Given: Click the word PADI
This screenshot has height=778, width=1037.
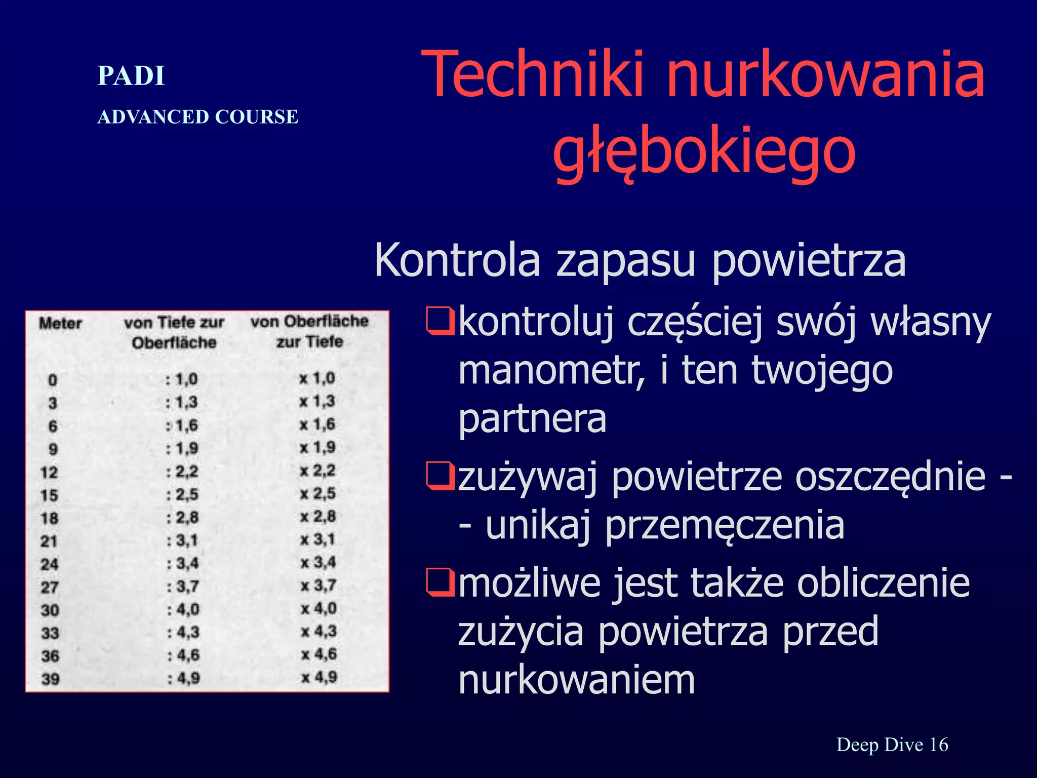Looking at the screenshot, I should (x=131, y=76).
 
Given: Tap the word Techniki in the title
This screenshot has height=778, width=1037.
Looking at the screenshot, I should (x=531, y=74).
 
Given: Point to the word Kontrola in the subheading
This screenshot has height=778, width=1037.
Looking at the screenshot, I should (x=457, y=260).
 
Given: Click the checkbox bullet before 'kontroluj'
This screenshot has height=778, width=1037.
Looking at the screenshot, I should (x=440, y=322).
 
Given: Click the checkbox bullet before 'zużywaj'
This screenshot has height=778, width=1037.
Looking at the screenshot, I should (x=440, y=477).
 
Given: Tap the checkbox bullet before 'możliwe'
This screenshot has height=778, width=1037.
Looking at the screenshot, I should (x=440, y=582).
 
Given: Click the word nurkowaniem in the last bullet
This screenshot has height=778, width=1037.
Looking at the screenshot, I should (x=576, y=680).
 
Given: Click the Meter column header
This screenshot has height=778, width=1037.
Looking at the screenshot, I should (x=60, y=324).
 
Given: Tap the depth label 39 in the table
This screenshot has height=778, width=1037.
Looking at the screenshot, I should (x=50, y=679).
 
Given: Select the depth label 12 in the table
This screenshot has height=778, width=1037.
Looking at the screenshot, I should (x=49, y=473).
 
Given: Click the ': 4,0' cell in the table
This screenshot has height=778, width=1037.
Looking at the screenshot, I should (x=183, y=609).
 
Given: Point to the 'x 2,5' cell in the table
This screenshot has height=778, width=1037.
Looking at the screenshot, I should (x=317, y=493).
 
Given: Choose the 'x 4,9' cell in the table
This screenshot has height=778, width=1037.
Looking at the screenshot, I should (x=319, y=678).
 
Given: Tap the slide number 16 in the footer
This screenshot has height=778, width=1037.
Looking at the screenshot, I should (x=938, y=745).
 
